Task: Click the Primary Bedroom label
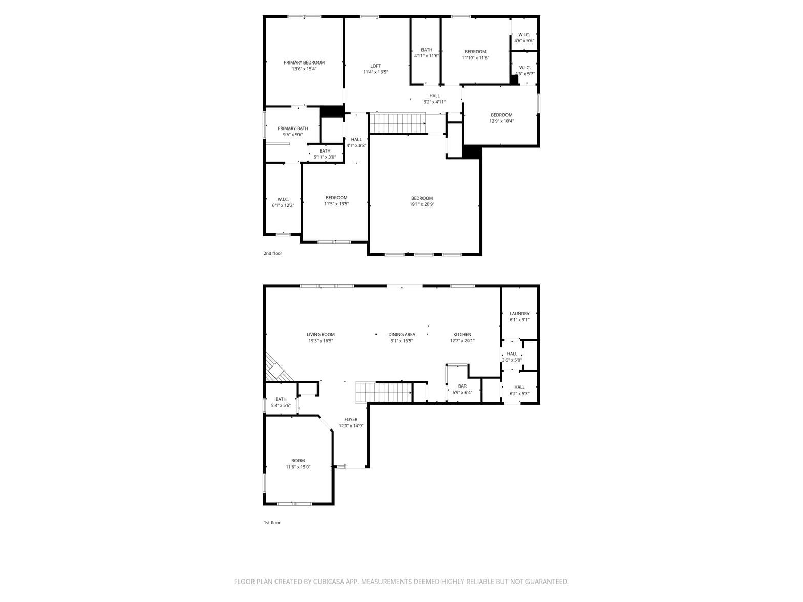coord(304,62)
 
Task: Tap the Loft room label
coord(375,66)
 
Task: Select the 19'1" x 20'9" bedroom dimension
coord(422,204)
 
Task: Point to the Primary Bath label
coord(292,128)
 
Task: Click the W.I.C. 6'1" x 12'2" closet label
coord(283,202)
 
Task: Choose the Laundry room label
coord(519,314)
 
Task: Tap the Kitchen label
coord(462,334)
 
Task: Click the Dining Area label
coord(401,334)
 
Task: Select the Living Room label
coord(321,334)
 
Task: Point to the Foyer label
coord(350,420)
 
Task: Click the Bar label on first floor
coord(462,386)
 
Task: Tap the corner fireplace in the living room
coord(278,369)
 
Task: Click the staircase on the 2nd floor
coord(397,123)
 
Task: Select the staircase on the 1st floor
coord(384,393)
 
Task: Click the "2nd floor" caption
coord(272,253)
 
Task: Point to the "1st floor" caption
coord(272,522)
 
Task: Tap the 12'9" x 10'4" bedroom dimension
coord(501,121)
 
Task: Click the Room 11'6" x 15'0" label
coord(298,464)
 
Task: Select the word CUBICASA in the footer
coord(328,582)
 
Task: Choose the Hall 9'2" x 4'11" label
coord(434,99)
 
